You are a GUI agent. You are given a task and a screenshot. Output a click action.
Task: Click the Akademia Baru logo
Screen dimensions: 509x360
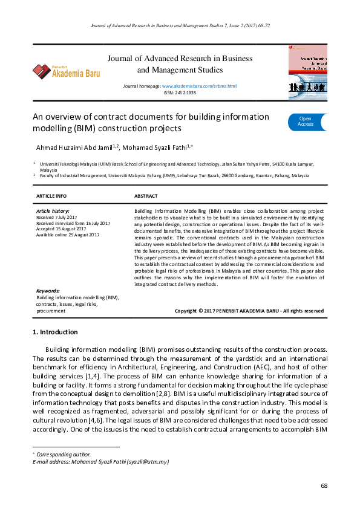[67, 71]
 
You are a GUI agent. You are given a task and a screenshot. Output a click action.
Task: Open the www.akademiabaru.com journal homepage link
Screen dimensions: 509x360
[199, 86]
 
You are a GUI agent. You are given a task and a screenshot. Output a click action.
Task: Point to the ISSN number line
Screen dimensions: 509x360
[180, 93]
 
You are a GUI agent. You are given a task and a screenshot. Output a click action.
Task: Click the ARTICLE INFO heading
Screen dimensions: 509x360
[51, 196]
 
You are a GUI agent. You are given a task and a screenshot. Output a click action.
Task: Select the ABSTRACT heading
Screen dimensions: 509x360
[146, 196]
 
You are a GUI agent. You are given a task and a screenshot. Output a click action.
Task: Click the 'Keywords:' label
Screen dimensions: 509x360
[48, 291]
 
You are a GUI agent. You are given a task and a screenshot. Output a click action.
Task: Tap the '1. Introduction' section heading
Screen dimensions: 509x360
[55, 332]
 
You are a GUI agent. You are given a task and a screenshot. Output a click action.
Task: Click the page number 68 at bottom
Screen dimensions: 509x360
[324, 485]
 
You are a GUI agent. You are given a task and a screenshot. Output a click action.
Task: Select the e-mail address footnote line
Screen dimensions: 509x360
[100, 462]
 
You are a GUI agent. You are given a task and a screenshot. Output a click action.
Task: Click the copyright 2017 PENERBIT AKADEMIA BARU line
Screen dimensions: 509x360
[249, 311]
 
